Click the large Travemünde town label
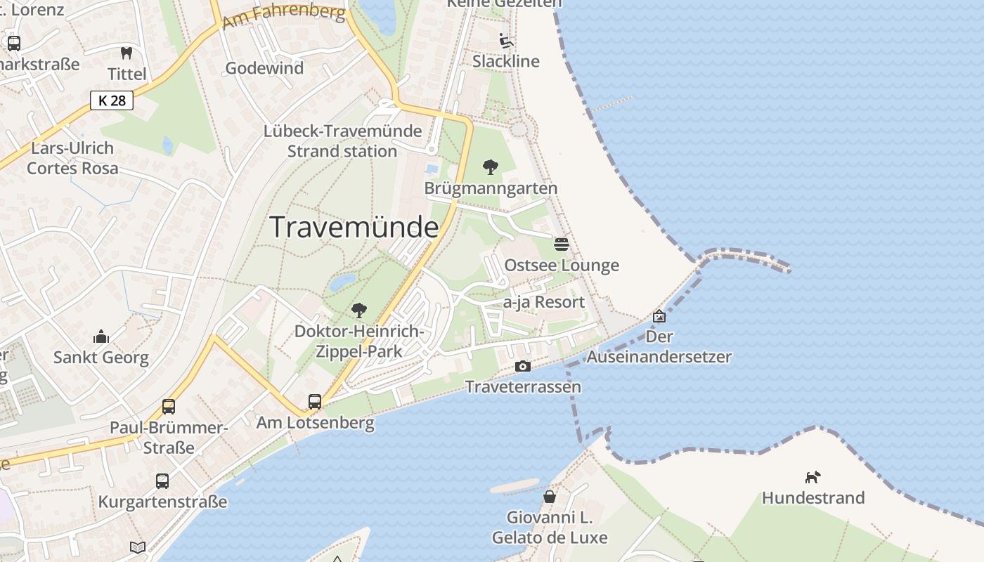coord(354,228)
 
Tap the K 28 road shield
coord(112,100)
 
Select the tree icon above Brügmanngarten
coord(491,167)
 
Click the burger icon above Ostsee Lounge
coord(562,244)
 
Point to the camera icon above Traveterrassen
coord(523,366)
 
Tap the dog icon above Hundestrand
coord(813,477)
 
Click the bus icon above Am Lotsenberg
coord(315,402)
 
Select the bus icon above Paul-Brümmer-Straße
coord(169,406)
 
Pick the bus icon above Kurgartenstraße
coord(162,481)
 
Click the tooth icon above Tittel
coord(127,53)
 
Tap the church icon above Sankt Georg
coord(101,336)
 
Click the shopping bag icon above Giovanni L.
coord(550,497)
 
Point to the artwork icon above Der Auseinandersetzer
coord(659,316)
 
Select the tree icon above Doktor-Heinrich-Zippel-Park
coord(359,310)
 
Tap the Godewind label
coord(264,68)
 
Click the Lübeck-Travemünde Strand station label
coord(342,141)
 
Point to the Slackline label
coord(506,61)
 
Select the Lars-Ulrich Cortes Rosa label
coord(72,158)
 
